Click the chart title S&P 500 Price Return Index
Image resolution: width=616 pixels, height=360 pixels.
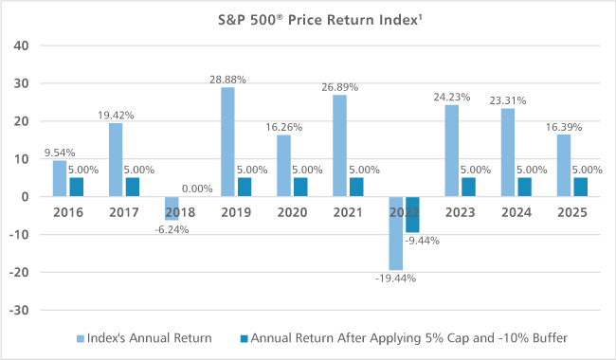click(x=320, y=20)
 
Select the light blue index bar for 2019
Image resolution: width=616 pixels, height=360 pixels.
click(x=227, y=142)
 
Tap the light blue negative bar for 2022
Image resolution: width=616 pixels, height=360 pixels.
click(x=396, y=233)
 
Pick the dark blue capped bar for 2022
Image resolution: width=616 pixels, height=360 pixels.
click(x=412, y=215)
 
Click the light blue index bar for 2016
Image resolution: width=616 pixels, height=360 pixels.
click(x=60, y=178)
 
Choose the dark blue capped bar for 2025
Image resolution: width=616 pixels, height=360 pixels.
click(x=581, y=187)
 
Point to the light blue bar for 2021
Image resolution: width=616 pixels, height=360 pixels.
click(x=340, y=146)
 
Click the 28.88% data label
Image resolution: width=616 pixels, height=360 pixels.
click(x=227, y=80)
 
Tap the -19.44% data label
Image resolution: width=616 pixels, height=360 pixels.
click(x=396, y=279)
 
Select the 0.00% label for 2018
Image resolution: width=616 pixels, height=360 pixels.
click(x=197, y=189)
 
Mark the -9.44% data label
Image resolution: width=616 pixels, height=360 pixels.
click(x=423, y=241)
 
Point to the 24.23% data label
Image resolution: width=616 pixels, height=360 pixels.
click(x=452, y=97)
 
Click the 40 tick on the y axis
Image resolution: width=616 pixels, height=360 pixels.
click(x=21, y=45)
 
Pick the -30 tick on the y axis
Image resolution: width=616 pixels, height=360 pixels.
click(x=19, y=310)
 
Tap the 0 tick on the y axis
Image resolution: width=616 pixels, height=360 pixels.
click(x=26, y=197)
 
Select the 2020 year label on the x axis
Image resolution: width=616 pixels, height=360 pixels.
click(x=292, y=212)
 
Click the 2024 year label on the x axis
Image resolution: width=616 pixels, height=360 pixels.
click(x=516, y=212)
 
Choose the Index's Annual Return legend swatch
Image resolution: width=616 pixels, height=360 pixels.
click(x=81, y=338)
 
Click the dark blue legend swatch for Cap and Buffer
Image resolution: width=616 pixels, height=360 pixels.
click(x=244, y=338)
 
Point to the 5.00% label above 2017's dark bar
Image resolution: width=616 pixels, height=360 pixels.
click(x=139, y=170)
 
